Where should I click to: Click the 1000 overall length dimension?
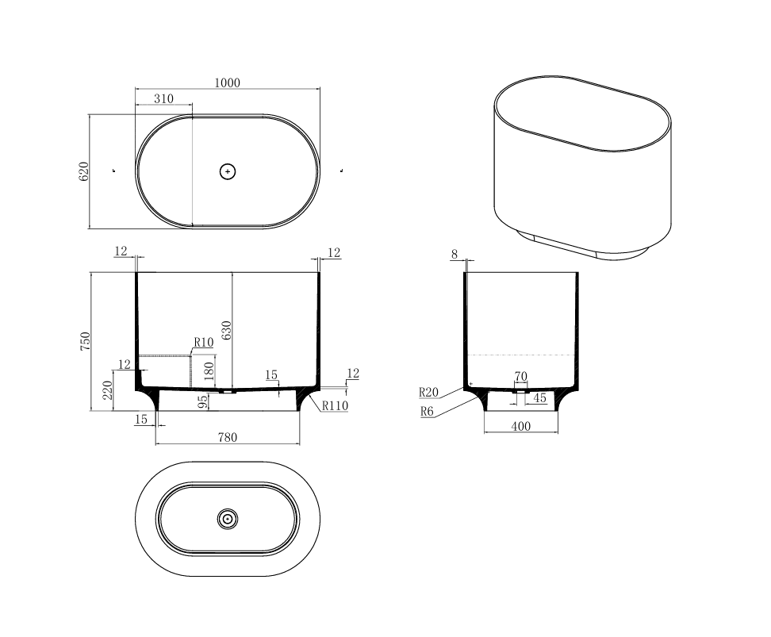(227, 83)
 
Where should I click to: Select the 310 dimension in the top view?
(163, 99)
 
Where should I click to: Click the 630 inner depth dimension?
(227, 331)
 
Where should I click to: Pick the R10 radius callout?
(204, 343)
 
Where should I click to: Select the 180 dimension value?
(209, 370)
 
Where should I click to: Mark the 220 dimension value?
(107, 389)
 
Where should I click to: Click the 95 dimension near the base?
(203, 402)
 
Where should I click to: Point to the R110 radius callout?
(335, 405)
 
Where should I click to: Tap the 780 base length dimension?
(228, 437)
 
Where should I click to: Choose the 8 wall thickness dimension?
(455, 254)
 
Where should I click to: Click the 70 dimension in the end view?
(520, 376)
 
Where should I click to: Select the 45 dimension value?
(539, 398)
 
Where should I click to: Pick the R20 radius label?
(428, 392)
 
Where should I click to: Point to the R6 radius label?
(428, 412)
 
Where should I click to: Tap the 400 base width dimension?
(520, 426)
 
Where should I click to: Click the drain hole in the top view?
(228, 171)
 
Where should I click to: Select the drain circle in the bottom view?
(228, 519)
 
